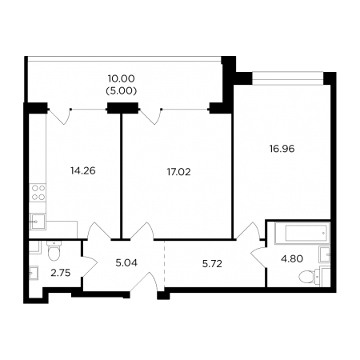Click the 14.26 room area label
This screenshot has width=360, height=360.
coord(83,170)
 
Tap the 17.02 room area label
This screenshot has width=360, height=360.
coord(178,172)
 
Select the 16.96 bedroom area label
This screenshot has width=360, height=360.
coord(282,149)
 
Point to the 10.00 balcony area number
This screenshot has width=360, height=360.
coord(122,78)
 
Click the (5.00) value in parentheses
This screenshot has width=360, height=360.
coord(122,91)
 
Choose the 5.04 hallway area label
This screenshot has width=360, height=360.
coord(126,263)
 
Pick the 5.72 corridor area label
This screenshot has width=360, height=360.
coord(212,264)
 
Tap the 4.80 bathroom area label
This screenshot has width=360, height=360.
coord(292,258)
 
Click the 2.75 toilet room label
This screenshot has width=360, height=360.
coord(61,273)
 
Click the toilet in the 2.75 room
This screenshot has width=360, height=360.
coord(54,251)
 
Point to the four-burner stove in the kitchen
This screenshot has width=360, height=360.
coord(38,193)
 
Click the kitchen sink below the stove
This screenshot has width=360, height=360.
coord(38,222)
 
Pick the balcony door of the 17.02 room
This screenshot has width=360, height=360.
coord(151,117)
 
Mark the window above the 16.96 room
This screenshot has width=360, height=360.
coord(287,78)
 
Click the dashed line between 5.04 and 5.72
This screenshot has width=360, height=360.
coord(164,263)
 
